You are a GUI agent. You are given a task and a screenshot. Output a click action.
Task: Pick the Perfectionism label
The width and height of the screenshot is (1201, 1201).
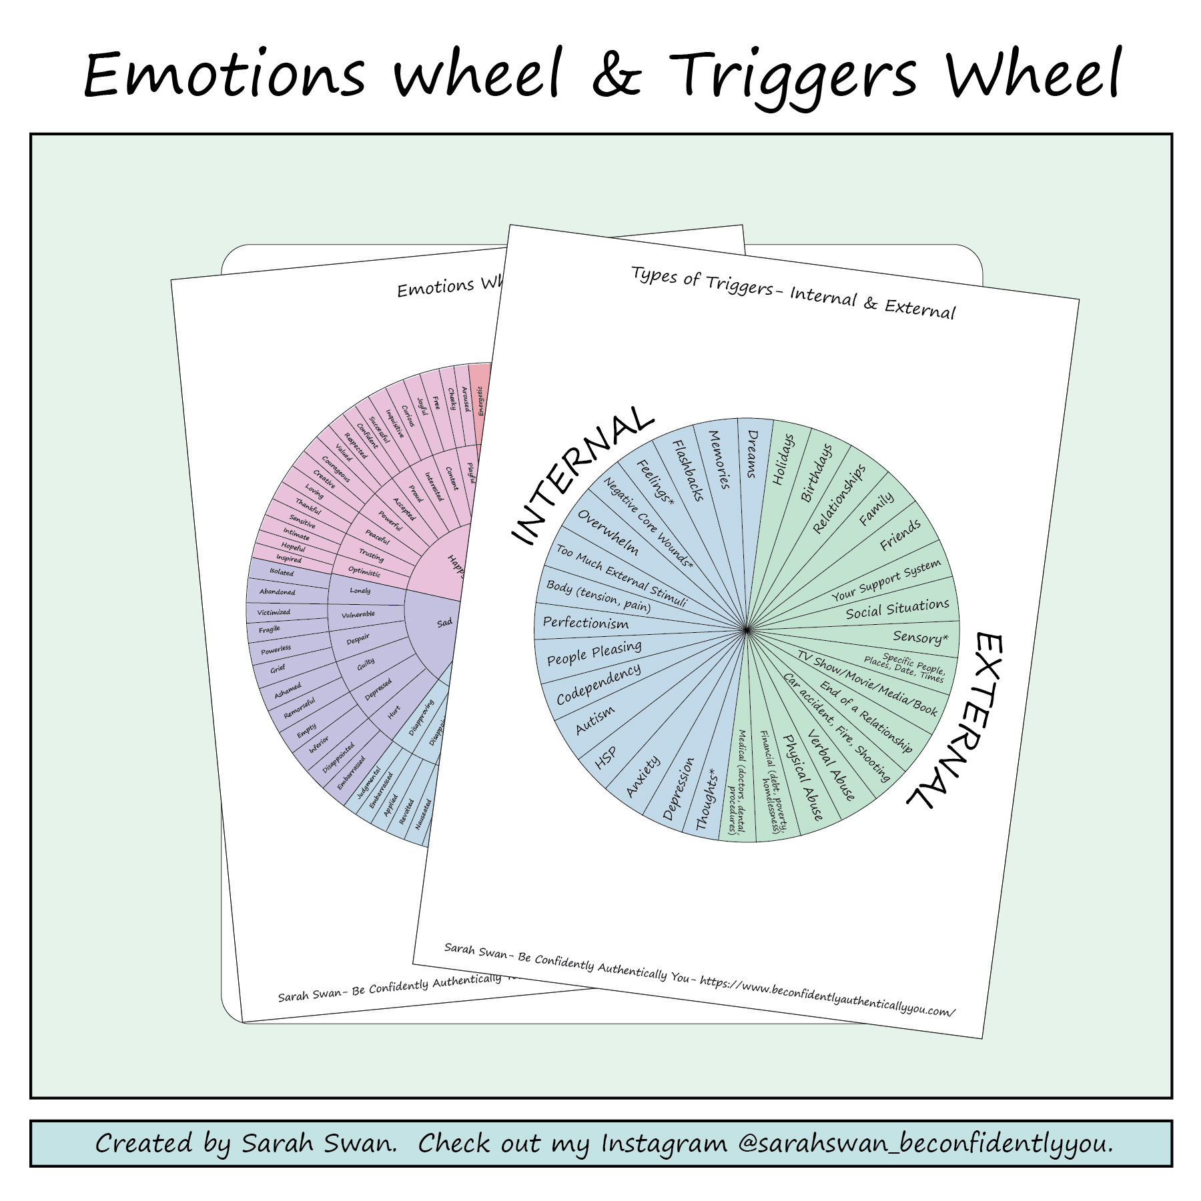click(585, 623)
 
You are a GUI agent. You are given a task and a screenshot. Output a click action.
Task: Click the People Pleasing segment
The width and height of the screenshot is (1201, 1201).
click(594, 653)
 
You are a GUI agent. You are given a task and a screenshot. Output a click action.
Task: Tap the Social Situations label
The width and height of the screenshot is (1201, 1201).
click(897, 609)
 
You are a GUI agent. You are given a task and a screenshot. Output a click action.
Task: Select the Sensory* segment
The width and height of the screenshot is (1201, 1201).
click(919, 638)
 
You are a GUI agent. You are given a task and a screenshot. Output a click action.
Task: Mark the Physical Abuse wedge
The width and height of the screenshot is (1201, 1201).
click(803, 777)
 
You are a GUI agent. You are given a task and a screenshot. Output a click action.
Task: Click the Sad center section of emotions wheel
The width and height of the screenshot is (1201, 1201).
click(444, 622)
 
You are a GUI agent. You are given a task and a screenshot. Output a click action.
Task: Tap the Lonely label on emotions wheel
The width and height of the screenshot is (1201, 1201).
click(360, 591)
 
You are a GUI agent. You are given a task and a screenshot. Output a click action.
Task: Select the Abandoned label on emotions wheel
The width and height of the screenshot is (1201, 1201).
click(277, 591)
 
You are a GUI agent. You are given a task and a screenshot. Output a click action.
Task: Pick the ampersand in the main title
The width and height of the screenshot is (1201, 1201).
click(616, 75)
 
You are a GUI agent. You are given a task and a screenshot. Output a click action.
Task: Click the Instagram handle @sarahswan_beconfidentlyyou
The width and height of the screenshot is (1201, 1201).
click(925, 1143)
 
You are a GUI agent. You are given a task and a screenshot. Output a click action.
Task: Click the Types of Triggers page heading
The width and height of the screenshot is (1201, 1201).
click(793, 293)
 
